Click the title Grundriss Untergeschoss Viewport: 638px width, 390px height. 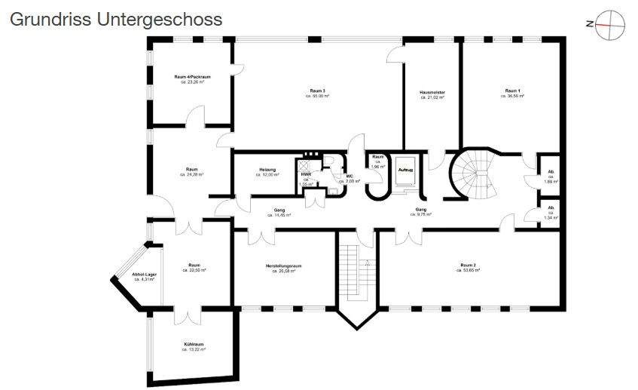click(116, 20)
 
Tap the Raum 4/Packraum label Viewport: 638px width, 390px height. click(192, 77)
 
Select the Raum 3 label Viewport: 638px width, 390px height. click(318, 91)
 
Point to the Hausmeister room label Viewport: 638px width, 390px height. click(432, 92)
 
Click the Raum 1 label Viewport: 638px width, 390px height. click(512, 91)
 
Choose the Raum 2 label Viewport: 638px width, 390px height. click(468, 265)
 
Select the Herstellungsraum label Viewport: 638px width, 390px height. click(284, 266)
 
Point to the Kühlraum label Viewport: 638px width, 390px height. click(194, 344)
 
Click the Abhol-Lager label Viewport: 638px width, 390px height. click(144, 275)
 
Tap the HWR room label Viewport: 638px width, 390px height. click(306, 174)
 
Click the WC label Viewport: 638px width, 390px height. click(350, 177)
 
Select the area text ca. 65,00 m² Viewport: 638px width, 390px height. click(318, 97)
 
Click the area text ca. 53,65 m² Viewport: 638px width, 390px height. click(468, 270)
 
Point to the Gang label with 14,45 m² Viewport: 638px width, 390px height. click(279, 210)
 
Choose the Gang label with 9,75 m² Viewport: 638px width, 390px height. click(421, 210)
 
